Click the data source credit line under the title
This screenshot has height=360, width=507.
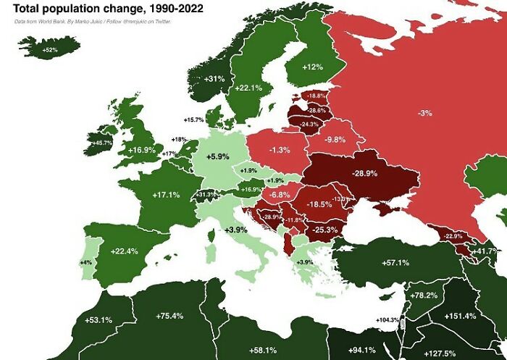(97, 22)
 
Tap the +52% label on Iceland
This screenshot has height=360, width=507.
(50, 49)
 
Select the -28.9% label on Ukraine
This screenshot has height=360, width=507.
(364, 174)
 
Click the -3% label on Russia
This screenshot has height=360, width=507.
(425, 112)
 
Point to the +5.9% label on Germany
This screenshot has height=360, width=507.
(217, 156)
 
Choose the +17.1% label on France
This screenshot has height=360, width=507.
(165, 195)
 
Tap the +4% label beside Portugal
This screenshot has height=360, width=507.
(84, 261)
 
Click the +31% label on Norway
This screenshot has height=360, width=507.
(214, 78)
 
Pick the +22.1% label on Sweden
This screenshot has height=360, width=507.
(248, 88)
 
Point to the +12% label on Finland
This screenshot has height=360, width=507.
(312, 67)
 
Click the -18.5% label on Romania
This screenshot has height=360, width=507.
(319, 204)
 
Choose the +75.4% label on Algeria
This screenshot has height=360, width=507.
(169, 316)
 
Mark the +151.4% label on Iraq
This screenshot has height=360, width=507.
(461, 316)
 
